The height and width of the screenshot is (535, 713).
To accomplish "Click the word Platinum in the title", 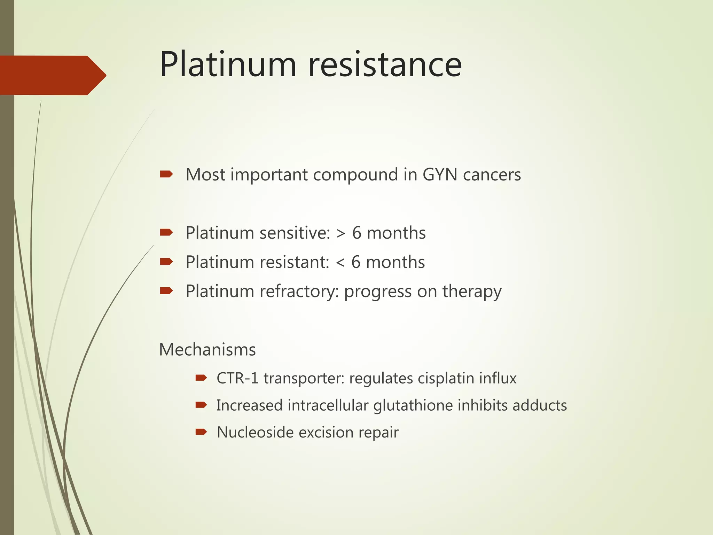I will point(228,64).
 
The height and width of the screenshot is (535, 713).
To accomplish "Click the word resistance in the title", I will point(385,64).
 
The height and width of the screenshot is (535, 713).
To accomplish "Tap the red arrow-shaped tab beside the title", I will point(52,75).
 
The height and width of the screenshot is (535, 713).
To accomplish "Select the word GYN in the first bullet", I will point(440,175).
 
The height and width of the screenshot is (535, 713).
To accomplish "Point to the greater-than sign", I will point(341,233).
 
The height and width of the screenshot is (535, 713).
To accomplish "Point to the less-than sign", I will point(340,263).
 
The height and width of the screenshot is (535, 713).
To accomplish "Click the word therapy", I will point(472,292).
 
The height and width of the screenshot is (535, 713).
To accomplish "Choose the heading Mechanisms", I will point(207,349).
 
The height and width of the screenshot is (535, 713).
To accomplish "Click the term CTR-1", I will point(237,378).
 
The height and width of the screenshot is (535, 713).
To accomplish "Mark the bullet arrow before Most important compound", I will point(166,174).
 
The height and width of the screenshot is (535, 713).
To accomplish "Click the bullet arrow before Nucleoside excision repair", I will point(201,432).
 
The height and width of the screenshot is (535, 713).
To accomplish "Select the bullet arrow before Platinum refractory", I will point(166,291).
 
